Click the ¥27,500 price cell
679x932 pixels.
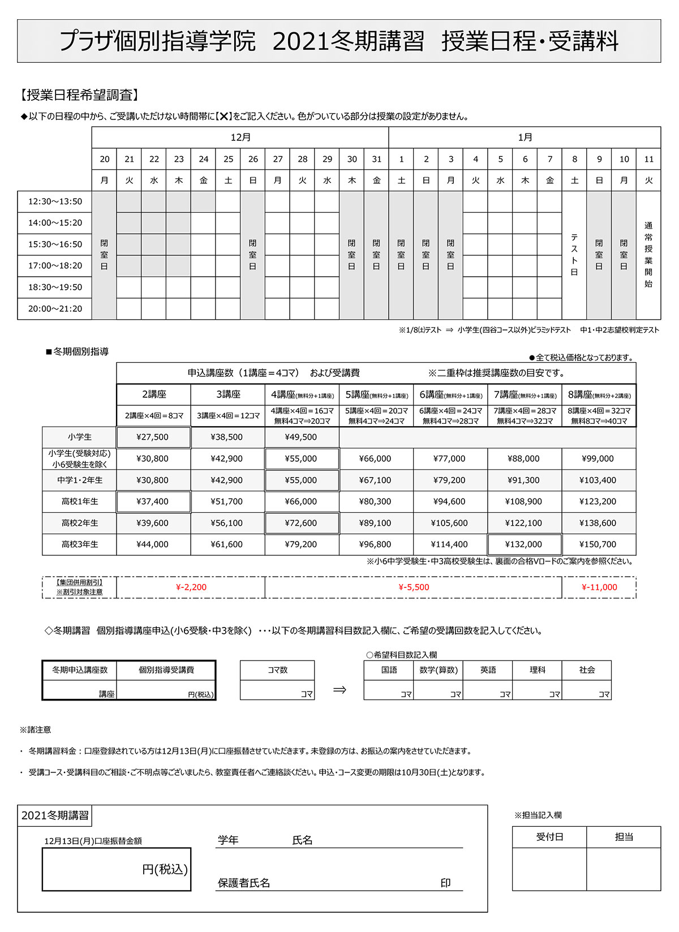pos(153,437)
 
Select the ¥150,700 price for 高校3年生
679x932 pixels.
pos(598,544)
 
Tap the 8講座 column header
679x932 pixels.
pos(599,395)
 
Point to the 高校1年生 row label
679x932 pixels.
pos(80,501)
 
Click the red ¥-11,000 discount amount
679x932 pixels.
pos(599,587)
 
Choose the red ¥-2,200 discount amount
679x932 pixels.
pos(191,587)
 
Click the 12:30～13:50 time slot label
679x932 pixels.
pos(55,201)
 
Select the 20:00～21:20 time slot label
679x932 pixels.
pos(55,308)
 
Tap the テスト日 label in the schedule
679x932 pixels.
pos(574,255)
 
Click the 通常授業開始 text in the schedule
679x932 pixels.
pos(648,255)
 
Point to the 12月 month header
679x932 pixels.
pos(240,138)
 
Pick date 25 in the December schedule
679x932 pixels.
pos(229,159)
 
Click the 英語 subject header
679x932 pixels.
pos(488,670)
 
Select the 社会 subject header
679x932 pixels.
pos(587,670)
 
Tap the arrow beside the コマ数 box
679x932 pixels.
pos(339,690)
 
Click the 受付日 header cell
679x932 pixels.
pos(549,837)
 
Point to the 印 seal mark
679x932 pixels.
pos(446,883)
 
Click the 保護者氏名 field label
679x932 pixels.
pos(244,883)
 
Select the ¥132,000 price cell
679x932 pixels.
pos(523,544)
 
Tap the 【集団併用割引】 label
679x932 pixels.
pos(79,582)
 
